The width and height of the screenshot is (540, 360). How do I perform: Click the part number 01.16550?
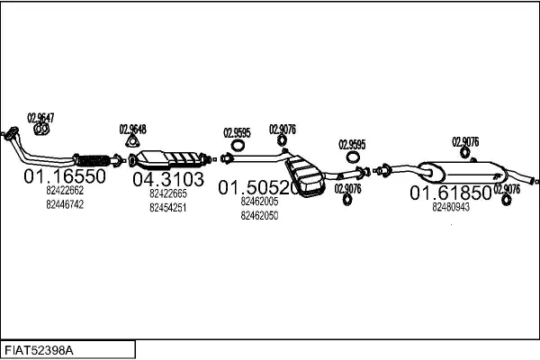coord(65,176)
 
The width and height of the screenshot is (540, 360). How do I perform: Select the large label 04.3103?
coord(168,179)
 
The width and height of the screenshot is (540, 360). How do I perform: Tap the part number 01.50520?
coord(258,187)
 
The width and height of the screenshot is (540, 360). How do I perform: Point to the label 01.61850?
coord(451,193)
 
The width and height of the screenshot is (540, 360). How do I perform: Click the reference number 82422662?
coord(65,190)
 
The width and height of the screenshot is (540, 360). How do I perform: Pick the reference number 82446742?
coord(65,204)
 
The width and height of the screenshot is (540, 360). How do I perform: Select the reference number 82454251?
coord(168,208)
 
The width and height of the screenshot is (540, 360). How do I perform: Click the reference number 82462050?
coord(259,216)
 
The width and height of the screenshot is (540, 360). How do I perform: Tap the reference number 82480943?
coord(451,207)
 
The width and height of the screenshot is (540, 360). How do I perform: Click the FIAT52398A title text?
coord(39,351)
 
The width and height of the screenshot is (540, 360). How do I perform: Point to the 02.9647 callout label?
coord(40,118)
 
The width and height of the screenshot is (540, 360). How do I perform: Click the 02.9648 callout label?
coord(132,130)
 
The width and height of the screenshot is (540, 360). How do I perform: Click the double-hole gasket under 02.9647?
coord(41,130)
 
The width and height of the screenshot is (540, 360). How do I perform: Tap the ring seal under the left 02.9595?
coord(237,146)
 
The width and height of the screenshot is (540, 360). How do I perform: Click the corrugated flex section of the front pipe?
coord(93,160)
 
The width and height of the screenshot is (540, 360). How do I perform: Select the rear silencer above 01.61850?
coord(463,173)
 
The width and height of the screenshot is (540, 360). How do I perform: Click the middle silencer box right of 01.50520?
coord(305,176)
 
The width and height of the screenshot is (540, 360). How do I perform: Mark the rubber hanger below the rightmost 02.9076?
coord(506,200)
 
